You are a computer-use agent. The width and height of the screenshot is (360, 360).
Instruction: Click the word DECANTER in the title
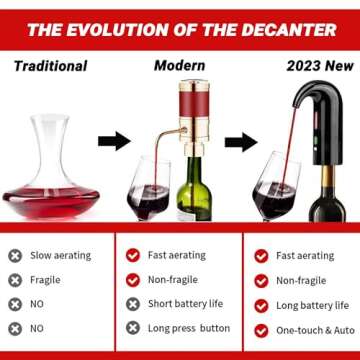pos(289,27)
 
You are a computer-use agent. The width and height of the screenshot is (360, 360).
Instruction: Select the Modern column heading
pos(180,66)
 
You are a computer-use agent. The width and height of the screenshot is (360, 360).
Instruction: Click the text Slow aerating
pos(62,256)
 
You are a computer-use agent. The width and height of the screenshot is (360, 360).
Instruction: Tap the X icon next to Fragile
pos(15,280)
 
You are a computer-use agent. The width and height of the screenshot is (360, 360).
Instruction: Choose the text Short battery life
pos(187,304)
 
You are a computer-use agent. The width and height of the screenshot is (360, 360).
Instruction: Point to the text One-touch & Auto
pos(315,329)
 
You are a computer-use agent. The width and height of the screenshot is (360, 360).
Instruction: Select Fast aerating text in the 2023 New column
pos(305,256)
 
